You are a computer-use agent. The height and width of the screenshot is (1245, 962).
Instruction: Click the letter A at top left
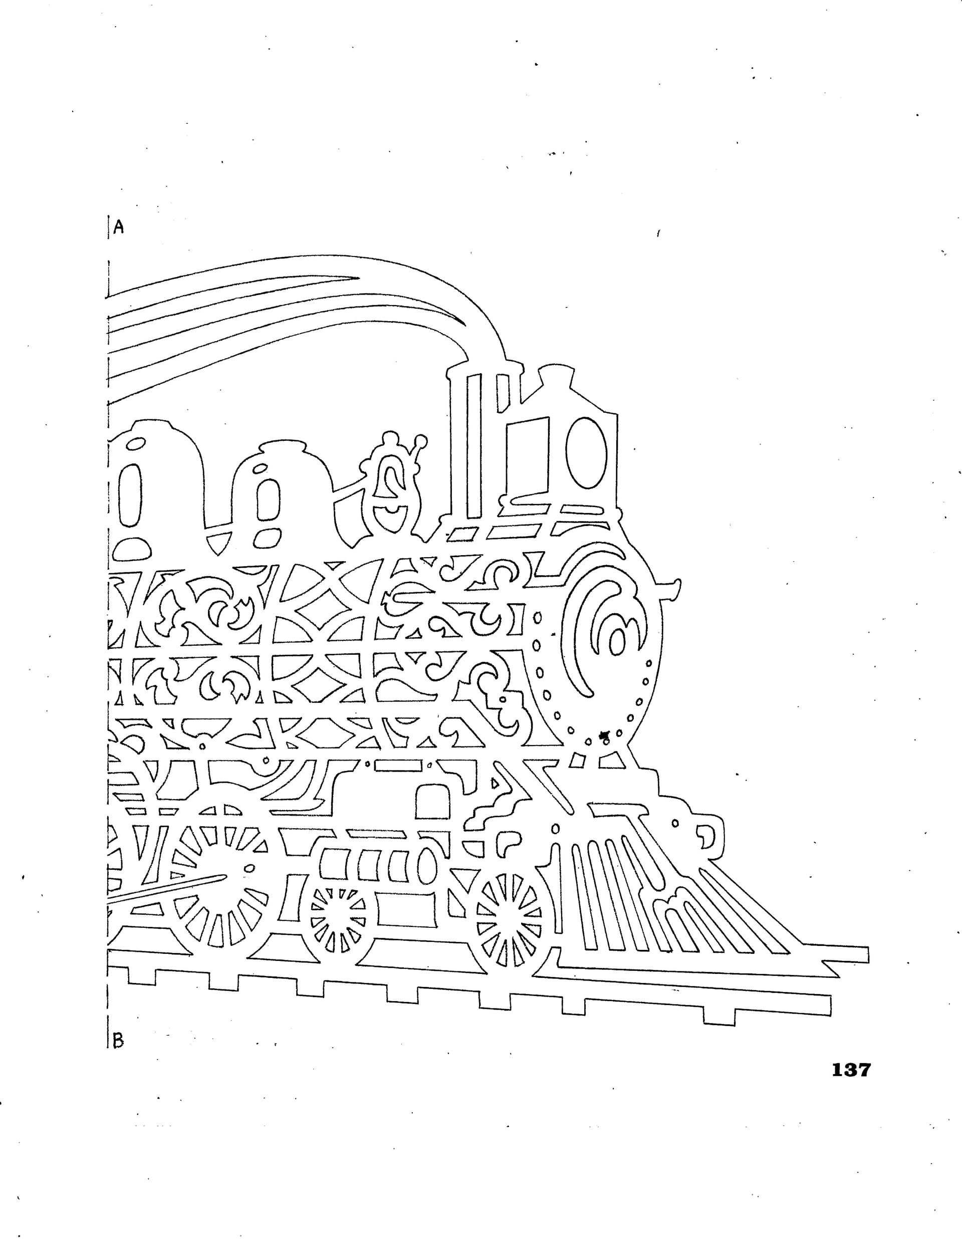tap(119, 227)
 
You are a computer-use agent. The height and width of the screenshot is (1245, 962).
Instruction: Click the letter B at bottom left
tap(118, 1041)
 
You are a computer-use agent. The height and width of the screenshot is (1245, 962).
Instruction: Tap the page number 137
tap(851, 1070)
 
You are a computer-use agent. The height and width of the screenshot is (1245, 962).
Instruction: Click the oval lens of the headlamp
tap(586, 452)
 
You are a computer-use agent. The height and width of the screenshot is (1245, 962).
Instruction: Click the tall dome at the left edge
tap(154, 490)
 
